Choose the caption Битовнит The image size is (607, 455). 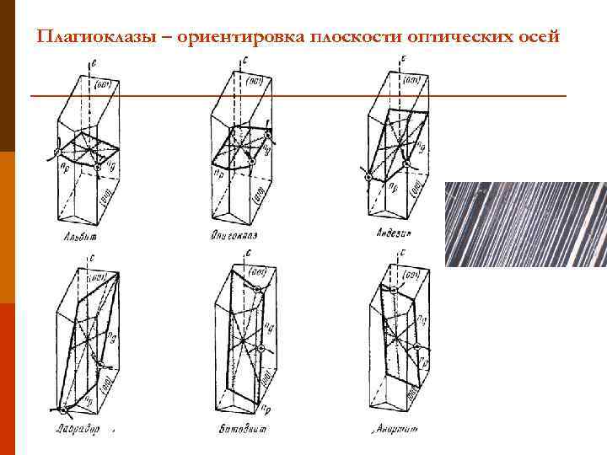tap(239, 431)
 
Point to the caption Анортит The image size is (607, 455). tap(393, 431)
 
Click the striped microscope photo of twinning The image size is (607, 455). tap(525, 224)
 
